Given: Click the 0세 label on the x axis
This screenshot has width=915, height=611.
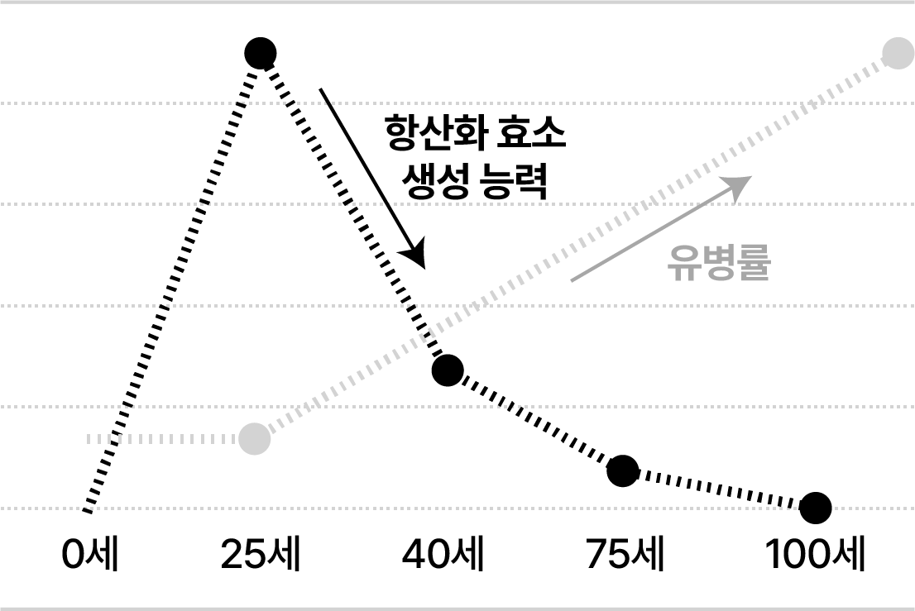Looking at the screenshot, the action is coord(90,555).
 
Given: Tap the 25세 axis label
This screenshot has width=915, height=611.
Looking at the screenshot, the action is coord(261,555).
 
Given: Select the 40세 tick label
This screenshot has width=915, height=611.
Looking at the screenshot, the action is coord(443,555).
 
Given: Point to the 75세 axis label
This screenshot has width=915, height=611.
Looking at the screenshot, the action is coord(625,555).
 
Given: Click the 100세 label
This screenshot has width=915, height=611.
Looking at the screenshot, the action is coord(815,555).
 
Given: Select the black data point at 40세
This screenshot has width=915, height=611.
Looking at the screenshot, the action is coord(448,370).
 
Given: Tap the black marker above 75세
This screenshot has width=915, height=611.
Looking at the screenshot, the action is coord(623,470).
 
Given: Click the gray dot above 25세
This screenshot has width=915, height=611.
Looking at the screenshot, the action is coord(255,438).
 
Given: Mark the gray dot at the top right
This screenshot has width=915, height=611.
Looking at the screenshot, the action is coord(897,55).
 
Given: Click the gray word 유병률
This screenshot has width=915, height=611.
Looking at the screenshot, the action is coord(718,265).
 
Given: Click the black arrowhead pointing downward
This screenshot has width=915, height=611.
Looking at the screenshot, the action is coord(415,253).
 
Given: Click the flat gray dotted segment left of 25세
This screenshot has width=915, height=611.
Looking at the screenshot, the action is coord(165,438).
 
